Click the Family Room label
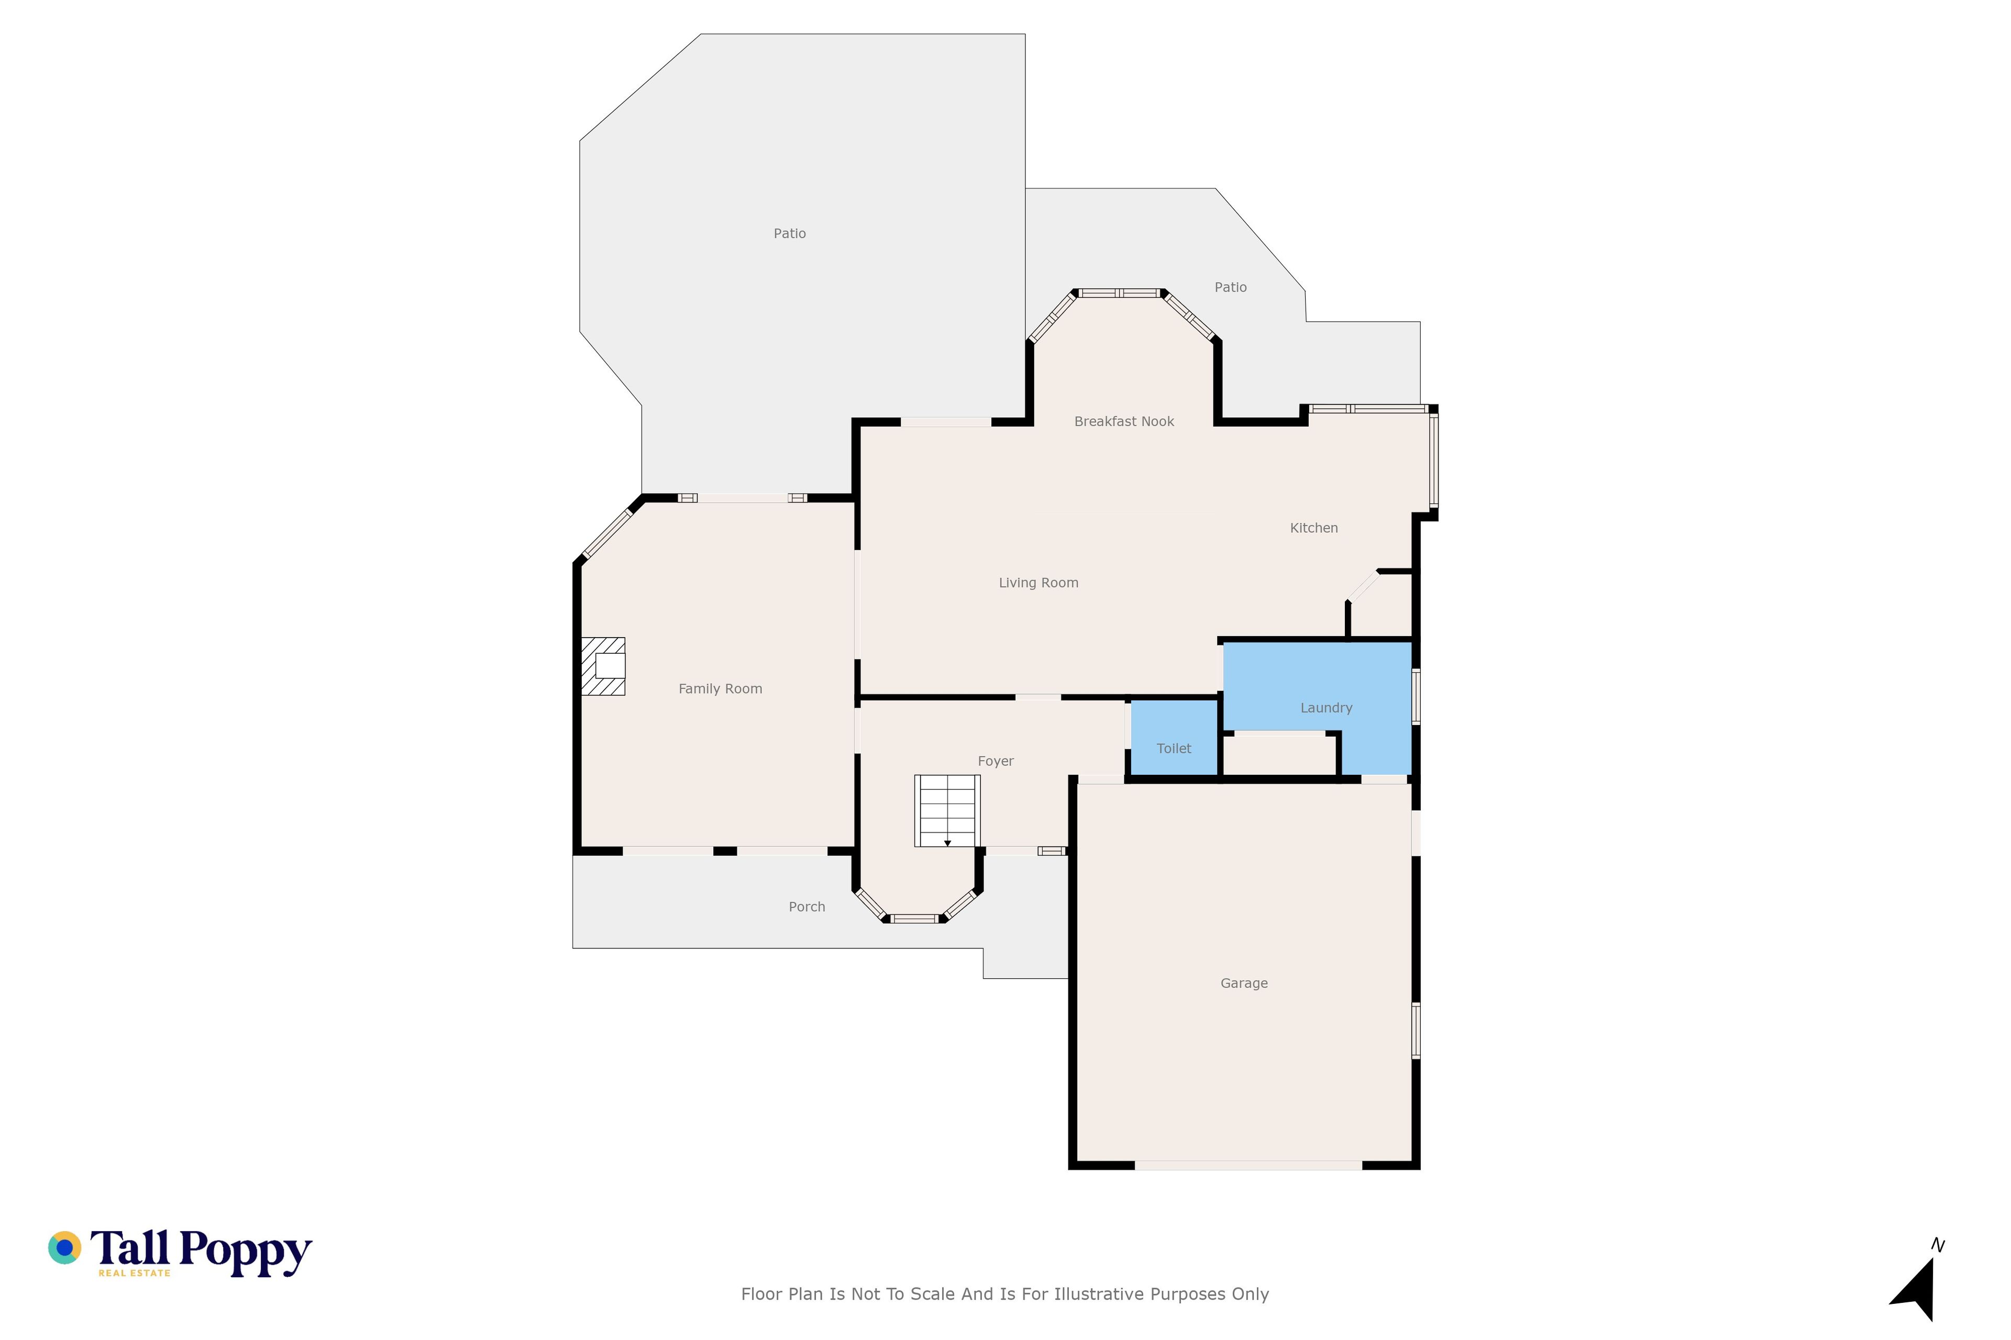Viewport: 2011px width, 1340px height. (720, 689)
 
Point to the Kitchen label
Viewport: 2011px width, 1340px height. (1314, 528)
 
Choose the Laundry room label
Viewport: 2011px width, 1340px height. (1326, 708)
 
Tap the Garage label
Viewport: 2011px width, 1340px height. (1244, 984)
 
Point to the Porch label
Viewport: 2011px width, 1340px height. (807, 907)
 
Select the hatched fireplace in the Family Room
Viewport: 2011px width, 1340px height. (603, 666)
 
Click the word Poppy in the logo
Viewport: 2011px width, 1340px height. (246, 1253)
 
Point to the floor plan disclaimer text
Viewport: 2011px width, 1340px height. (1004, 1294)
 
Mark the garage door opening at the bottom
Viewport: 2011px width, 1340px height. (1248, 1165)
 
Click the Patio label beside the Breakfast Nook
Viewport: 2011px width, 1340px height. (1230, 287)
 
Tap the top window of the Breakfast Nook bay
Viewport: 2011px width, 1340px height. (1119, 293)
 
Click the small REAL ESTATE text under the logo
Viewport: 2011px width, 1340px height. (134, 1272)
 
